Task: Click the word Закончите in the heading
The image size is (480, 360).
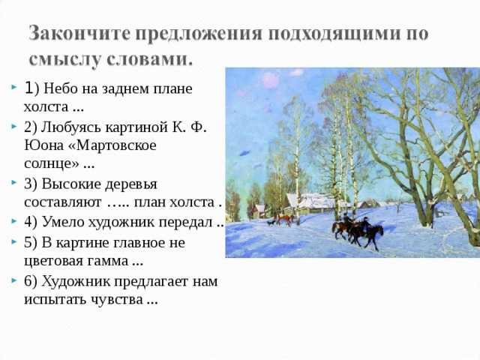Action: click(79, 33)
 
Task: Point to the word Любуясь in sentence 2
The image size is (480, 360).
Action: click(71, 127)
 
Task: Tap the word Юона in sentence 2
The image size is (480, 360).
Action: click(43, 145)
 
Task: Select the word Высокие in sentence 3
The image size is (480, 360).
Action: click(72, 184)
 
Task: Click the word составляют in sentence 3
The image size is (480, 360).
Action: click(63, 202)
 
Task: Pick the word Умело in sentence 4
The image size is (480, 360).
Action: click(63, 223)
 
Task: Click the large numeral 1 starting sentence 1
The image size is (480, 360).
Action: click(28, 88)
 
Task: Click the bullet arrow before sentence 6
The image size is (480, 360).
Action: click(13, 280)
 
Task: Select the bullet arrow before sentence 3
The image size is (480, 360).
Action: click(13, 183)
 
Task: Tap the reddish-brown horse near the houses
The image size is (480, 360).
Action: click(285, 219)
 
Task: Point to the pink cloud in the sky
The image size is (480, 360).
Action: click(271, 80)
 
